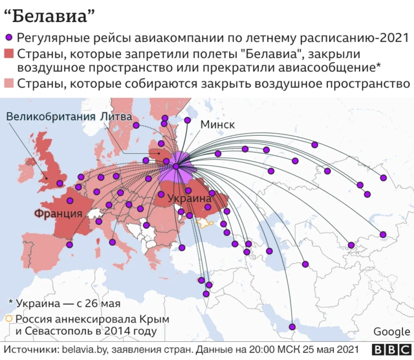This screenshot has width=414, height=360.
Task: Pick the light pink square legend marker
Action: pos(9,83)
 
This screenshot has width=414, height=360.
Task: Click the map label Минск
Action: pos(218,124)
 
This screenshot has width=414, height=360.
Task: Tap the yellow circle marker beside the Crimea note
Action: pos(8,319)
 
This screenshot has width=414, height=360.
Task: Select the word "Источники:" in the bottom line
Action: pos(31,350)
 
